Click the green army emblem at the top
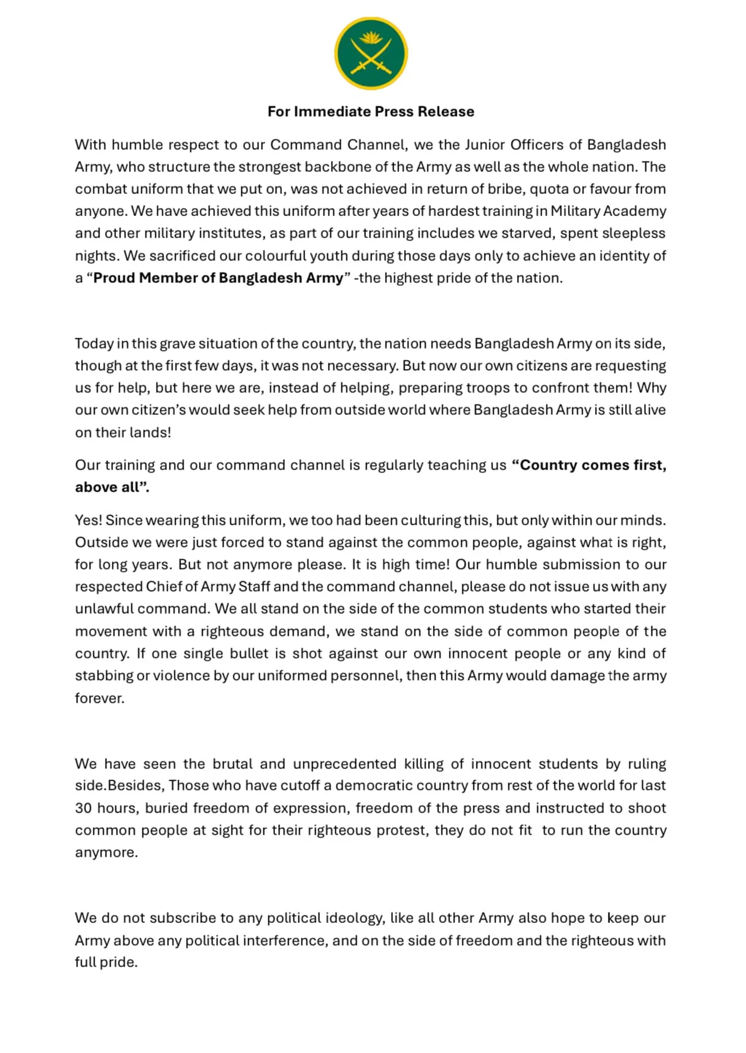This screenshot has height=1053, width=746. click(x=371, y=53)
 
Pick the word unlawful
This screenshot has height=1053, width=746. click(x=104, y=609)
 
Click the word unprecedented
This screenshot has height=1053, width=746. click(x=344, y=764)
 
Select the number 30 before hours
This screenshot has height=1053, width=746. click(x=84, y=808)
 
